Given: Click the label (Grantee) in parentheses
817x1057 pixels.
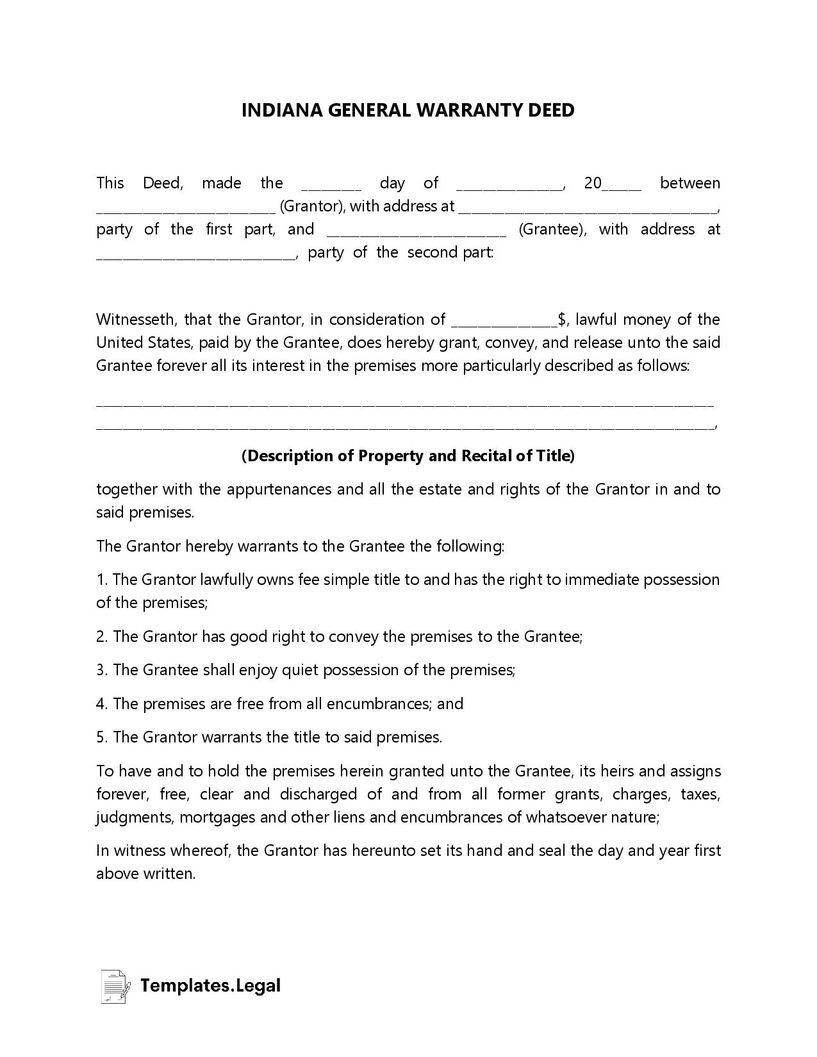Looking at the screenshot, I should point(552,229).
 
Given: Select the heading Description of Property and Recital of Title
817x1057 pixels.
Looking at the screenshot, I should point(408,456).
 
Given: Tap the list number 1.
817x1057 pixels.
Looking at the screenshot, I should point(101,580).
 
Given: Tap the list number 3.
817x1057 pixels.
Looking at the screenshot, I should point(101,670).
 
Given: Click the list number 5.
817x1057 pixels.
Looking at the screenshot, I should point(101,737).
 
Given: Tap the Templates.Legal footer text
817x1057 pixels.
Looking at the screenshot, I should point(210,985).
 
